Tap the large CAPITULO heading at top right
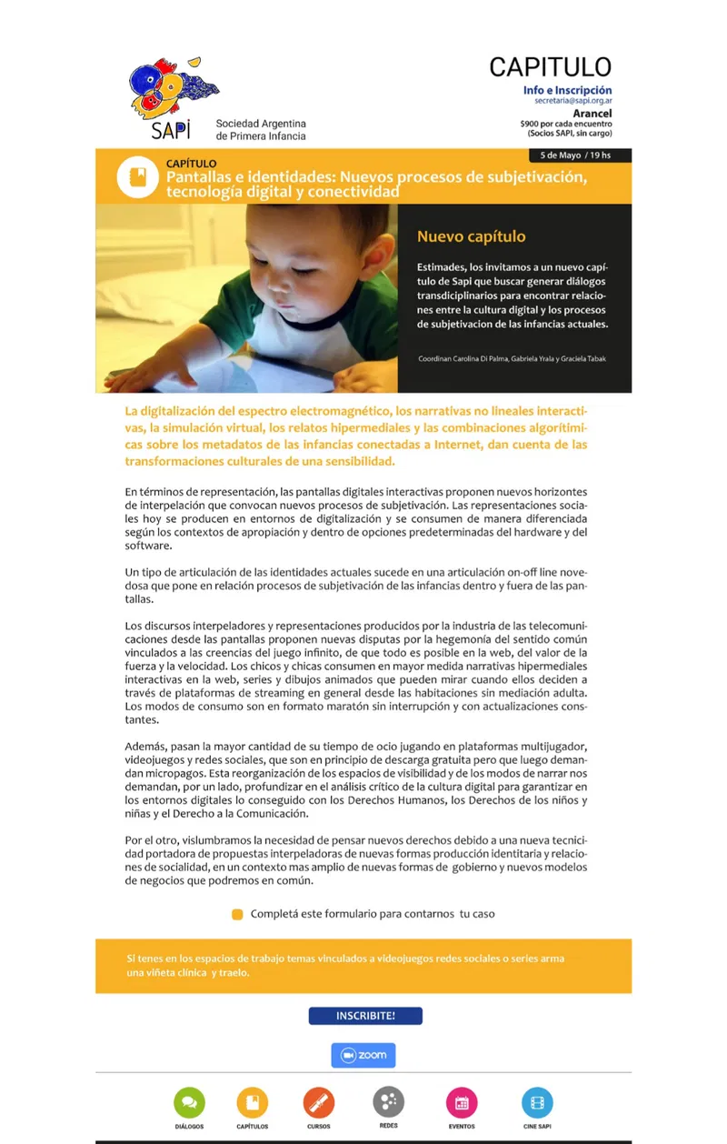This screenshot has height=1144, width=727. click(550, 66)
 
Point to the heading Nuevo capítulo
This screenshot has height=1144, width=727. click(471, 236)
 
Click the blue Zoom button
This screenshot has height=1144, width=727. click(363, 1055)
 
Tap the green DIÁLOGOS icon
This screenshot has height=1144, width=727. click(189, 1102)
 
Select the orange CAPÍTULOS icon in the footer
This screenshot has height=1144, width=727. click(252, 1102)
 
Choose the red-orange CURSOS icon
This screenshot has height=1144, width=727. click(318, 1102)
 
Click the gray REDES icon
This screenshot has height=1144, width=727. click(388, 1102)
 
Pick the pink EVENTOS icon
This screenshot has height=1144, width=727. click(461, 1102)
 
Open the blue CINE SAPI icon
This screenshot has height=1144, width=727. click(537, 1102)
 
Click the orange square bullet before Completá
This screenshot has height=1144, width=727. click(237, 914)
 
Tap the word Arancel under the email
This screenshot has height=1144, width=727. click(592, 114)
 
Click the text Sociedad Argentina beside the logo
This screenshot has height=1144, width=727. click(261, 123)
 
